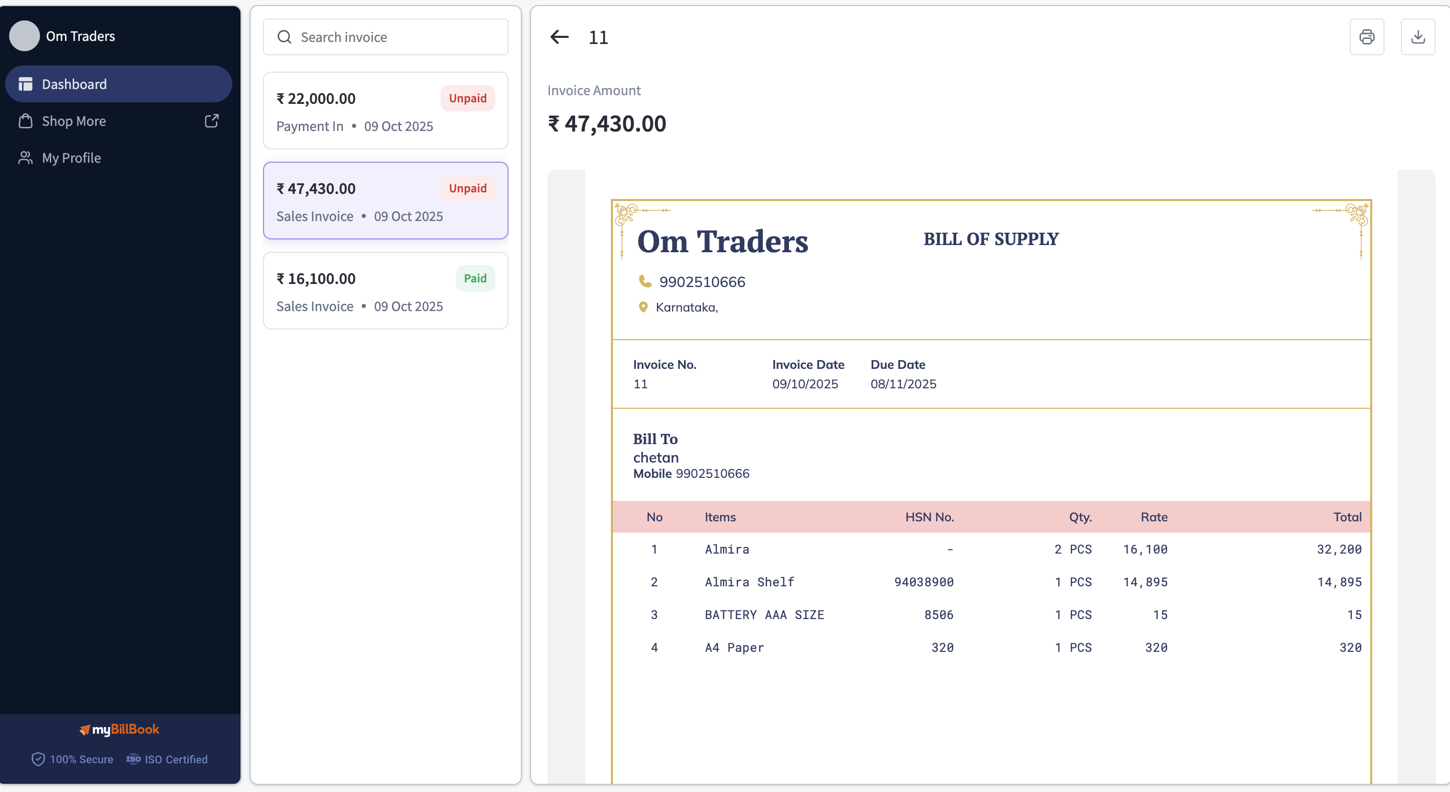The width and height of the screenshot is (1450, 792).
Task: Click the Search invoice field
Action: pos(386,37)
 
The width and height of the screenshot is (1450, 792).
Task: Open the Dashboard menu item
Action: pos(119,84)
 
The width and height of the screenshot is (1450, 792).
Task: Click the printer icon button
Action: pos(1367,37)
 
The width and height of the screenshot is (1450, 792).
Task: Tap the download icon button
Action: pos(1418,37)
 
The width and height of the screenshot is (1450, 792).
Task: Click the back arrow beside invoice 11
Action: pos(560,37)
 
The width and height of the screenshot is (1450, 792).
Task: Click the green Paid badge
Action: pos(475,278)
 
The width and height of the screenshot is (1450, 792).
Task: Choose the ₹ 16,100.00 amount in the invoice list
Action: pos(316,279)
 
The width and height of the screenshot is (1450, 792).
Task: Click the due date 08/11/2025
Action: pos(904,384)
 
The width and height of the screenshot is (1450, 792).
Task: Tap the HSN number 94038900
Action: pos(924,582)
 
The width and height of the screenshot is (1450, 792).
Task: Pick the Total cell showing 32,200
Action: pos(1339,549)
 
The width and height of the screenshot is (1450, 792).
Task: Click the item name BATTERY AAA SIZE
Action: pos(764,614)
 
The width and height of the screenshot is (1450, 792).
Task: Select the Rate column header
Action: pos(1154,517)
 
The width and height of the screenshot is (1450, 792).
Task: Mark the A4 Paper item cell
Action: pos(735,647)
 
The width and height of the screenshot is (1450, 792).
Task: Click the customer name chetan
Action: pos(656,457)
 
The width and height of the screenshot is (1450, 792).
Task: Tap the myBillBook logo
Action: pos(119,730)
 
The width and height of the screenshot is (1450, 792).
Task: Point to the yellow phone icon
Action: pos(645,281)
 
